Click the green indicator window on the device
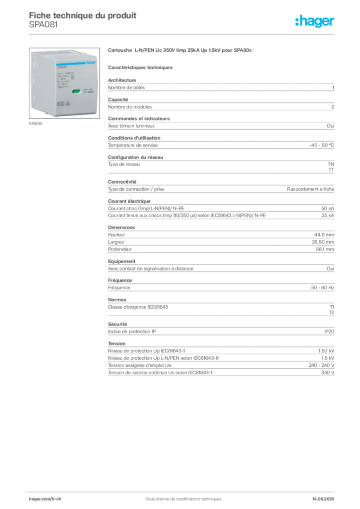[x=76, y=91]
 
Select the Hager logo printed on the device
[x=90, y=63]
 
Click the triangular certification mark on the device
[x=68, y=104]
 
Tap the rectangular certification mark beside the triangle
[x=60, y=104]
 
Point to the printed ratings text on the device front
[x=65, y=80]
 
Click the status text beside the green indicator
[x=88, y=91]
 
